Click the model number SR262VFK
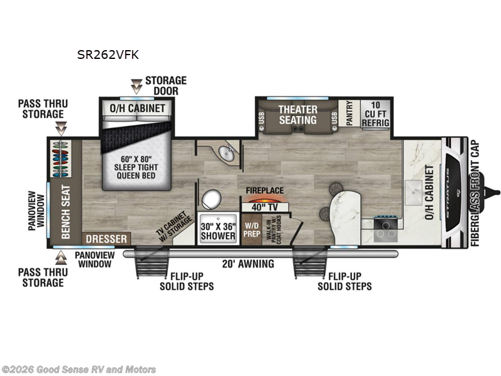pos(107,55)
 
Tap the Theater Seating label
pos(298,114)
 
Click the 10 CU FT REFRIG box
pos(375,113)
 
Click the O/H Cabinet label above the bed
pos(138,108)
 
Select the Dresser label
pos(106,239)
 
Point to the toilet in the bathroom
pos(210,200)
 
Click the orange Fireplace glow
pos(264,200)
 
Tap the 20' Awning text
pos(249,264)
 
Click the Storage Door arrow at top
pos(136,86)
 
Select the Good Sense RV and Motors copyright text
pos(79,370)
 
